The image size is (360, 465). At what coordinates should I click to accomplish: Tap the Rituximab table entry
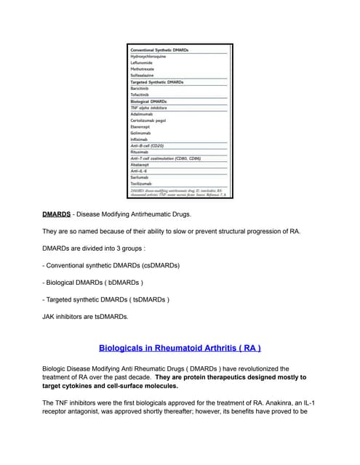click(x=139, y=152)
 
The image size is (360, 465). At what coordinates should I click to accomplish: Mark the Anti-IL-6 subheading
click(x=139, y=171)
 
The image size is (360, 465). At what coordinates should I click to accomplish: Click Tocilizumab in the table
click(x=140, y=184)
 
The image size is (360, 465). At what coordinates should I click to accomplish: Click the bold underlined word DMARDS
click(x=56, y=215)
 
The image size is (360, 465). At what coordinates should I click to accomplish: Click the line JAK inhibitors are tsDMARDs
click(x=85, y=316)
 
